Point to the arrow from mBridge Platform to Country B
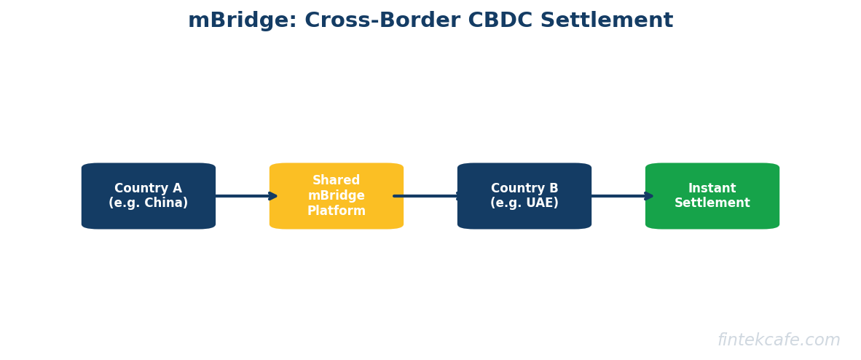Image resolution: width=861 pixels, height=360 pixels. (x=428, y=196)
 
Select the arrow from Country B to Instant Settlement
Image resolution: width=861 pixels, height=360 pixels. (x=621, y=196)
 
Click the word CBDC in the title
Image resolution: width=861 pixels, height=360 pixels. (x=490, y=21)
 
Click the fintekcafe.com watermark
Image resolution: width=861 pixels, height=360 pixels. (x=779, y=340)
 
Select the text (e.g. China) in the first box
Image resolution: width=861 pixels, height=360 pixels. (x=149, y=203)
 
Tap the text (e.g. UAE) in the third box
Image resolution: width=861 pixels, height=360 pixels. (x=524, y=203)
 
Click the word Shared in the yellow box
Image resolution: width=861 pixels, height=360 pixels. (x=337, y=181)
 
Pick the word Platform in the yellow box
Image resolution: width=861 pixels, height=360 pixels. (x=337, y=211)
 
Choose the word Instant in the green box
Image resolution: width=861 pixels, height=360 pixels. (x=712, y=189)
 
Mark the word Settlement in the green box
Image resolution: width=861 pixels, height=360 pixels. (x=712, y=203)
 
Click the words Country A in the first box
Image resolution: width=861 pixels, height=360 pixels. (x=149, y=189)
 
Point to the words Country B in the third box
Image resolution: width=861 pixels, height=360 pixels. (x=524, y=189)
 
